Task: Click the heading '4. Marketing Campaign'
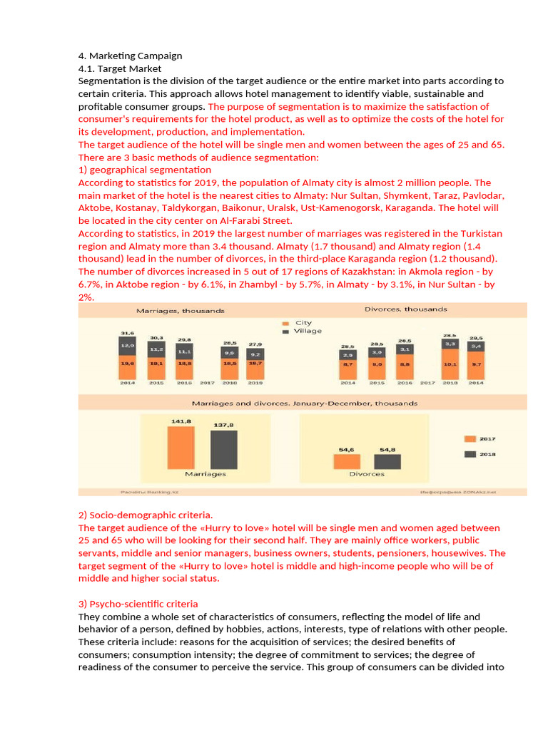coord(130,56)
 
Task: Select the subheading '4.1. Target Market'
coord(120,68)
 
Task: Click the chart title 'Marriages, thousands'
coord(181,311)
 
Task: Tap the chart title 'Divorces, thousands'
coord(405,309)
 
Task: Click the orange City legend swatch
coord(285,322)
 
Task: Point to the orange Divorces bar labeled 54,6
coord(346,461)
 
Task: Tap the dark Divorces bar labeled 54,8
coord(387,461)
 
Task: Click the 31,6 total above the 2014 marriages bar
coord(127,332)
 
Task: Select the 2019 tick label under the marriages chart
coord(255,383)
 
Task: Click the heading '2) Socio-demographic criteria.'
coord(146,515)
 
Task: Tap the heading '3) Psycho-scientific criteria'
coord(138,604)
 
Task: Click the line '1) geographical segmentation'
coord(145,170)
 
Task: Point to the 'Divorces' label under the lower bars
coord(367,474)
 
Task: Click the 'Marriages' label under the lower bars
coord(205,474)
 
